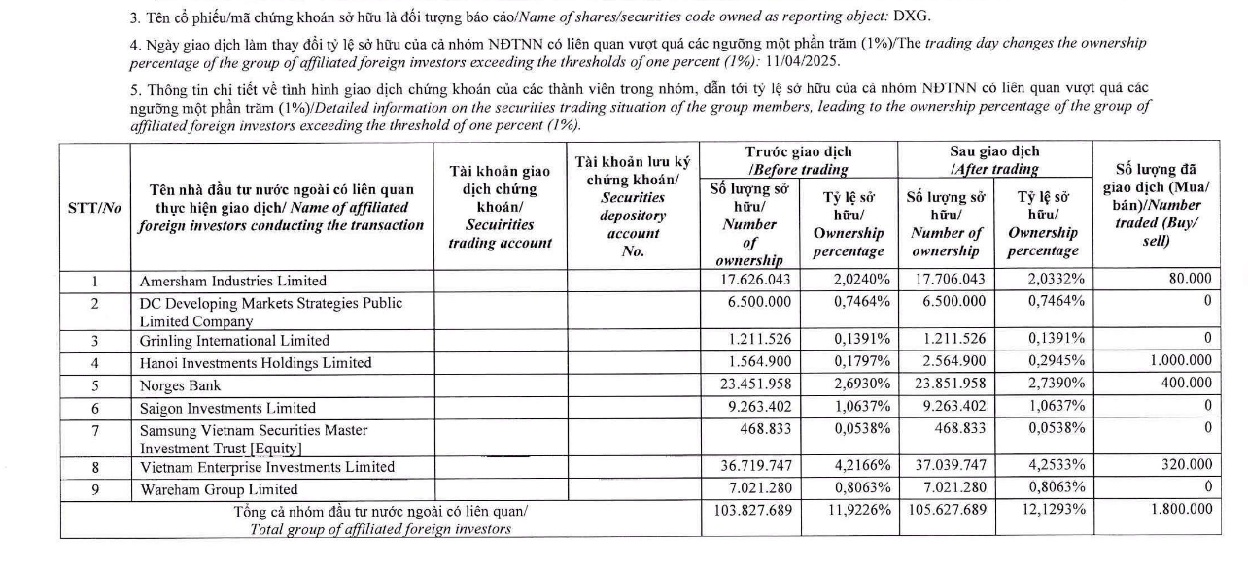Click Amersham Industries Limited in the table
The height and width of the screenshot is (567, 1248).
(233, 281)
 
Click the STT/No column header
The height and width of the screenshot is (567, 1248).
(94, 208)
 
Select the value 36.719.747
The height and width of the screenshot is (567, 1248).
(752, 466)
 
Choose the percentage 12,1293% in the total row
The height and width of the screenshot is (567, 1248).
(1050, 509)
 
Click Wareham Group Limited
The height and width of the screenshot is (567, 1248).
(219, 489)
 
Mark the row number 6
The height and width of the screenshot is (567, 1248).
(95, 408)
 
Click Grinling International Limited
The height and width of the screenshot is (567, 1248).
(234, 341)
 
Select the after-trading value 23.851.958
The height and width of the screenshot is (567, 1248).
(947, 384)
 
